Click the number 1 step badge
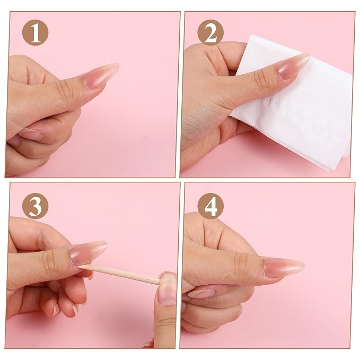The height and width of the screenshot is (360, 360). tap(35, 32)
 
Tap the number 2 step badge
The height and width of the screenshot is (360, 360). tap(210, 32)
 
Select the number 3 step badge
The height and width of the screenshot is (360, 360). tap(35, 206)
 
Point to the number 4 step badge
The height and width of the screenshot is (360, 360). tap(210, 206)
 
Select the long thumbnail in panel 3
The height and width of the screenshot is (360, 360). tap(88, 252)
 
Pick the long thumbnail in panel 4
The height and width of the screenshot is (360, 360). tap(284, 267)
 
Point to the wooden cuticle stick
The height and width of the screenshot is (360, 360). tap(119, 275)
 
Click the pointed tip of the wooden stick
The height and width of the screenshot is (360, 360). tap(79, 266)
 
